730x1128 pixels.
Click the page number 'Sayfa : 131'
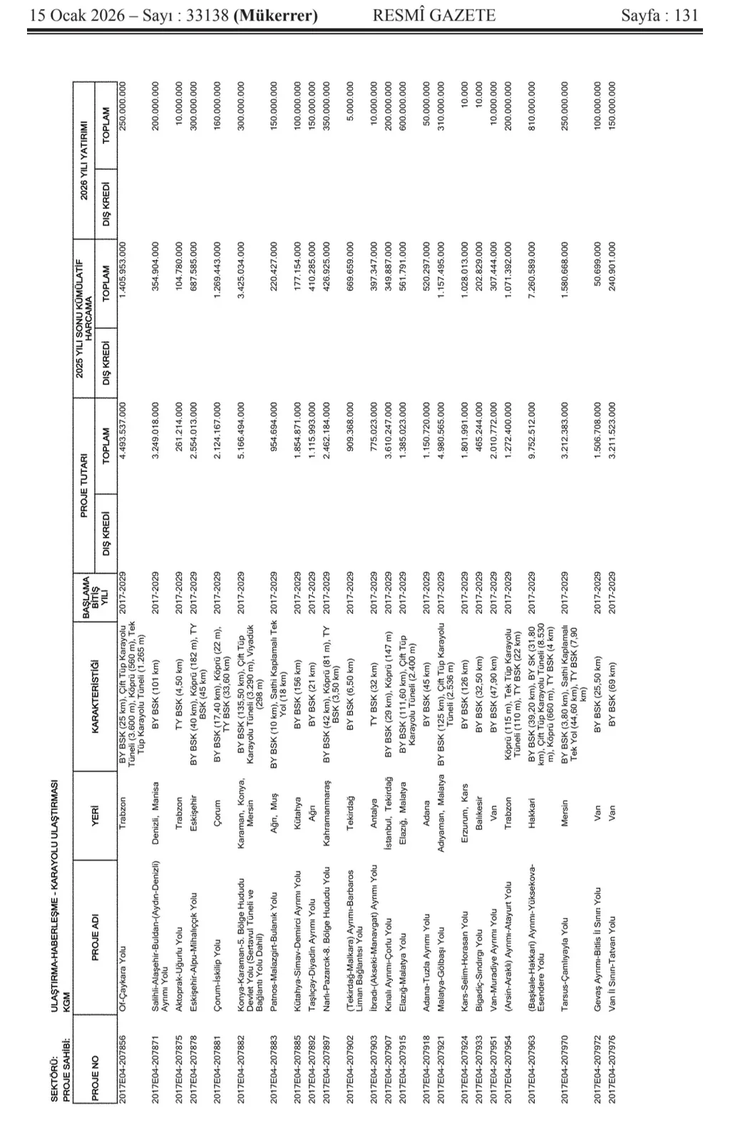[659, 15]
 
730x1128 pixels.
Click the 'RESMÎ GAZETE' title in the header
[433, 15]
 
